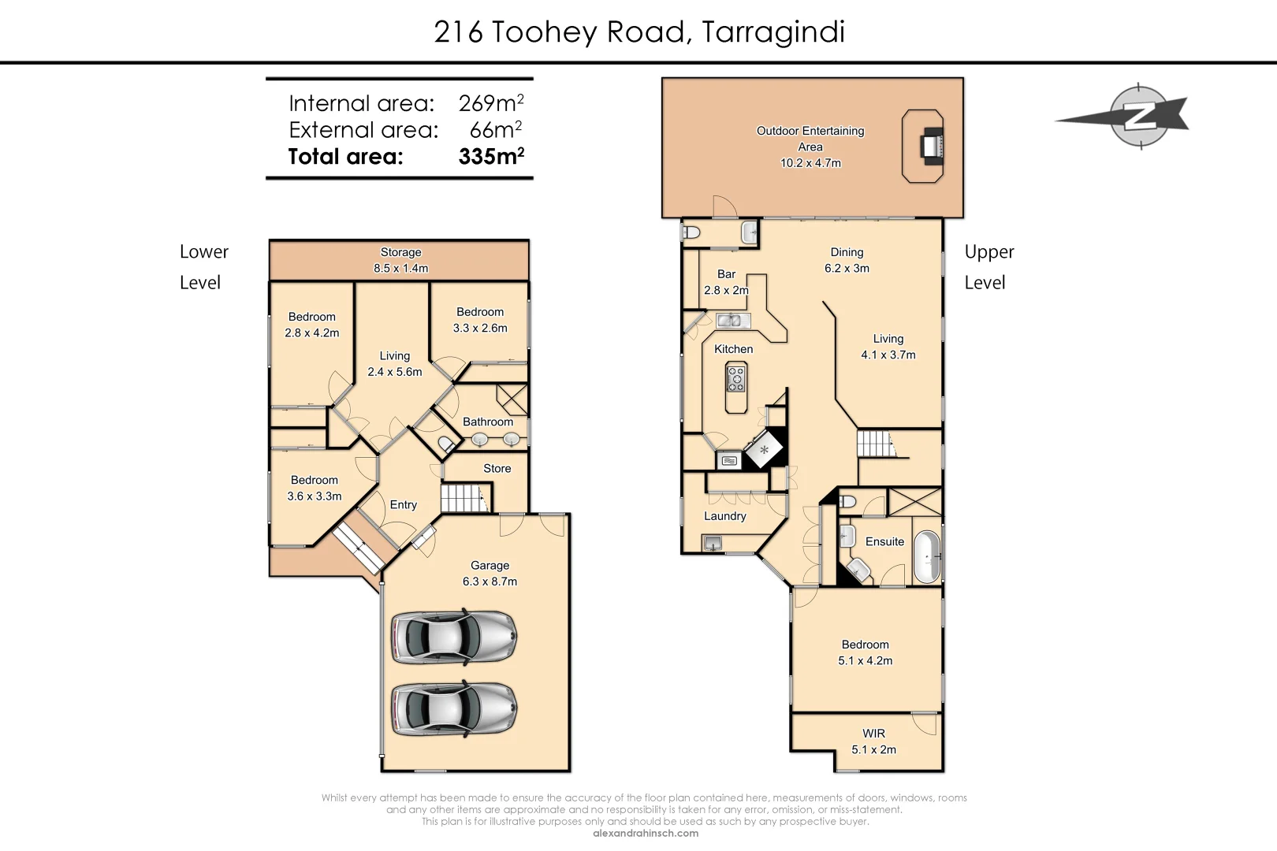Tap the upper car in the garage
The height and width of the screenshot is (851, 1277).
click(454, 636)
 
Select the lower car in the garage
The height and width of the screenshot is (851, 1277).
click(454, 709)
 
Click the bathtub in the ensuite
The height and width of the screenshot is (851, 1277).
click(926, 556)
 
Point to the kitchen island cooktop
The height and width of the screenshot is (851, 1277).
click(735, 377)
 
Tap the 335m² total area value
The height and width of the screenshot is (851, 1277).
click(491, 156)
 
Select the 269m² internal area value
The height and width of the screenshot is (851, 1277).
click(491, 102)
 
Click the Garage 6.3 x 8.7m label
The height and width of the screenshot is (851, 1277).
click(490, 574)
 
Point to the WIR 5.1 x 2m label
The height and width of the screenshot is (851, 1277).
click(873, 741)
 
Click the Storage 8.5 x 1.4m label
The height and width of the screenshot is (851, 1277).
click(400, 260)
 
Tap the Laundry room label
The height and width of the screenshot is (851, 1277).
click(724, 516)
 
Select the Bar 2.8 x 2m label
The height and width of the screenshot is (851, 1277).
click(726, 282)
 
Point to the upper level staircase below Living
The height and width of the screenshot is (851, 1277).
click(873, 444)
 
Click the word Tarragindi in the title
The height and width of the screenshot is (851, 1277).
click(773, 32)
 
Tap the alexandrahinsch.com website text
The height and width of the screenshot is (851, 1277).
click(645, 833)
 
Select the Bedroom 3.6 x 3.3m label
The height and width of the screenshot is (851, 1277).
click(315, 488)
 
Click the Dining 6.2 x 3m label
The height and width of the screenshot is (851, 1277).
click(847, 260)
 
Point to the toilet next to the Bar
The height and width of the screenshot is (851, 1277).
click(691, 233)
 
